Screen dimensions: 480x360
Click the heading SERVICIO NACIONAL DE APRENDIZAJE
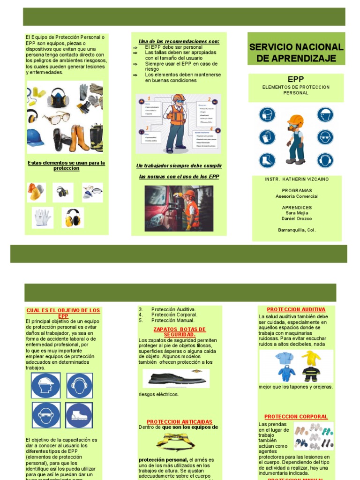pos(296,52)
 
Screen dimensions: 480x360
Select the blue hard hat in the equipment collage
pos(35,137)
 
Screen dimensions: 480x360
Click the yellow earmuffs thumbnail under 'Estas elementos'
pos(72,218)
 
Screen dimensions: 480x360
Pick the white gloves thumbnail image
pos(42,217)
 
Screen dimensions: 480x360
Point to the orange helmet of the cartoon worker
pos(295,120)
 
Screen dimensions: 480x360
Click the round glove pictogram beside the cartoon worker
pos(267,137)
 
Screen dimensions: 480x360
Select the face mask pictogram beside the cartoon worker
pos(267,115)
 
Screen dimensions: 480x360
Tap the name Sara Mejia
pos(297,213)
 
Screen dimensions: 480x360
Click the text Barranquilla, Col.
pos(297,230)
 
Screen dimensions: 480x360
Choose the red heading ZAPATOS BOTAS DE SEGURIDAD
pos(173,332)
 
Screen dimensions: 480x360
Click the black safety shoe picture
pos(176,378)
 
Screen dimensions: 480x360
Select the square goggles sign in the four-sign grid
pos(46,415)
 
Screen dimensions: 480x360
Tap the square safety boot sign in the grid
pos(79,415)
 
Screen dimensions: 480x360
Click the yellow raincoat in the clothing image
pos(311,359)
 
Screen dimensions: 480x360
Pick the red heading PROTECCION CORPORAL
pos(296,417)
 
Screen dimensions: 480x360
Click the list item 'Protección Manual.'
pos(173,321)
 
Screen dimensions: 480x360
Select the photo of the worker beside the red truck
pos(179,209)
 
